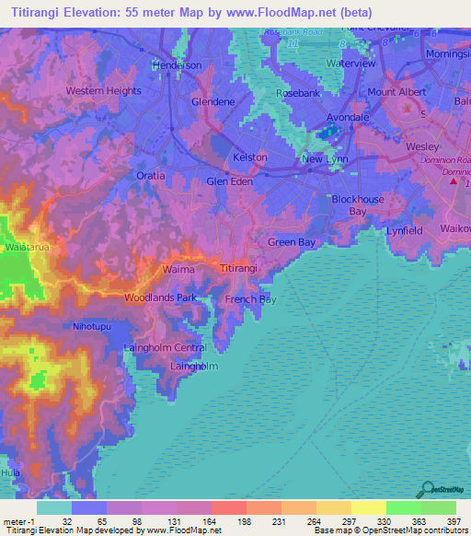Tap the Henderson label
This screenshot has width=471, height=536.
tap(177, 65)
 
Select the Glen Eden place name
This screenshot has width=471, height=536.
tap(229, 181)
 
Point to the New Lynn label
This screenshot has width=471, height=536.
tap(325, 159)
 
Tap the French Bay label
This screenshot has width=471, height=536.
tap(250, 299)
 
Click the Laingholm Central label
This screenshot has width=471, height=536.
tap(165, 347)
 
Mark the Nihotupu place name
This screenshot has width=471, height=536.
tap(93, 327)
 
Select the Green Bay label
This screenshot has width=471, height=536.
tap(292, 242)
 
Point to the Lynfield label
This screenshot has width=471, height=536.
tap(405, 230)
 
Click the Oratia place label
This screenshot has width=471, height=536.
tap(147, 175)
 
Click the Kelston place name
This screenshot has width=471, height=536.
tap(249, 157)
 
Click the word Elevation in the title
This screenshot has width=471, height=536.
tap(101, 12)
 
